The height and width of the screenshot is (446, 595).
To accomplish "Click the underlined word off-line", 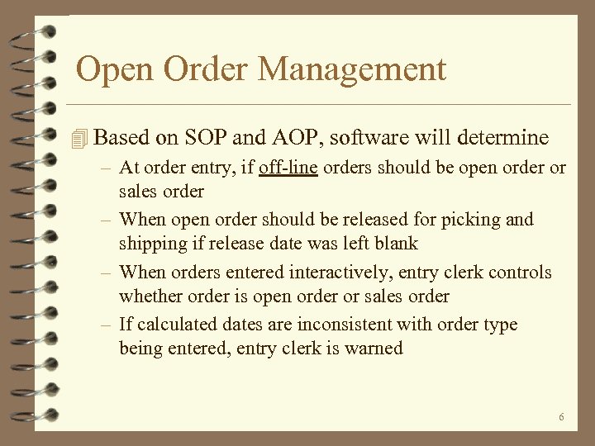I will tap(288, 168).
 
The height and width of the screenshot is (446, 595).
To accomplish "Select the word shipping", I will tap(150, 244).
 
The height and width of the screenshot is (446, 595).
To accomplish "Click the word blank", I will tap(396, 244).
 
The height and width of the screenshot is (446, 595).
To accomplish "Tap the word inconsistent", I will tap(344, 325).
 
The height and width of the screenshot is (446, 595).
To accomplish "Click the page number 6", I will tap(561, 417).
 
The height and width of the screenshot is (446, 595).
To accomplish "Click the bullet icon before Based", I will tap(79, 139).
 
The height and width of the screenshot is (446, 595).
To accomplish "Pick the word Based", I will tap(123, 138).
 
